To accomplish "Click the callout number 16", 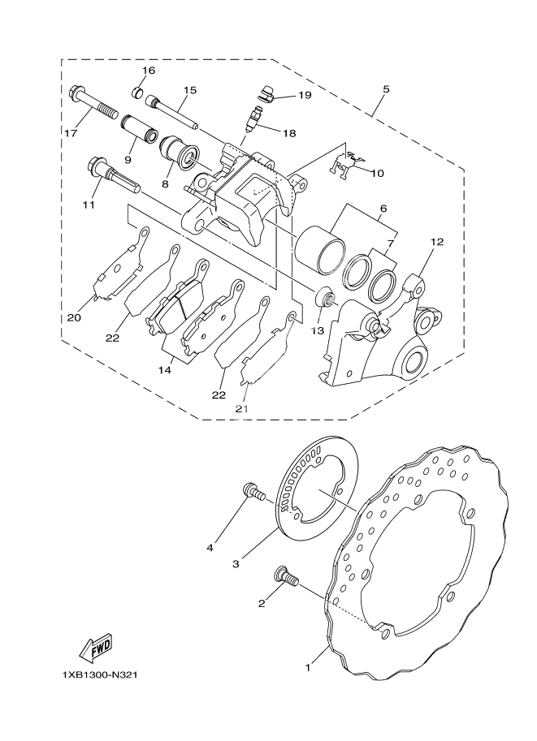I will click(x=148, y=71).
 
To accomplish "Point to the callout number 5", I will click(x=385, y=89).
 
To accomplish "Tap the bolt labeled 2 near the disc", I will click(x=286, y=577).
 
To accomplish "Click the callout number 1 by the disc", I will click(x=308, y=668).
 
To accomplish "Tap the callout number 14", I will click(x=164, y=369).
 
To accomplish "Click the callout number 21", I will click(x=241, y=409).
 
